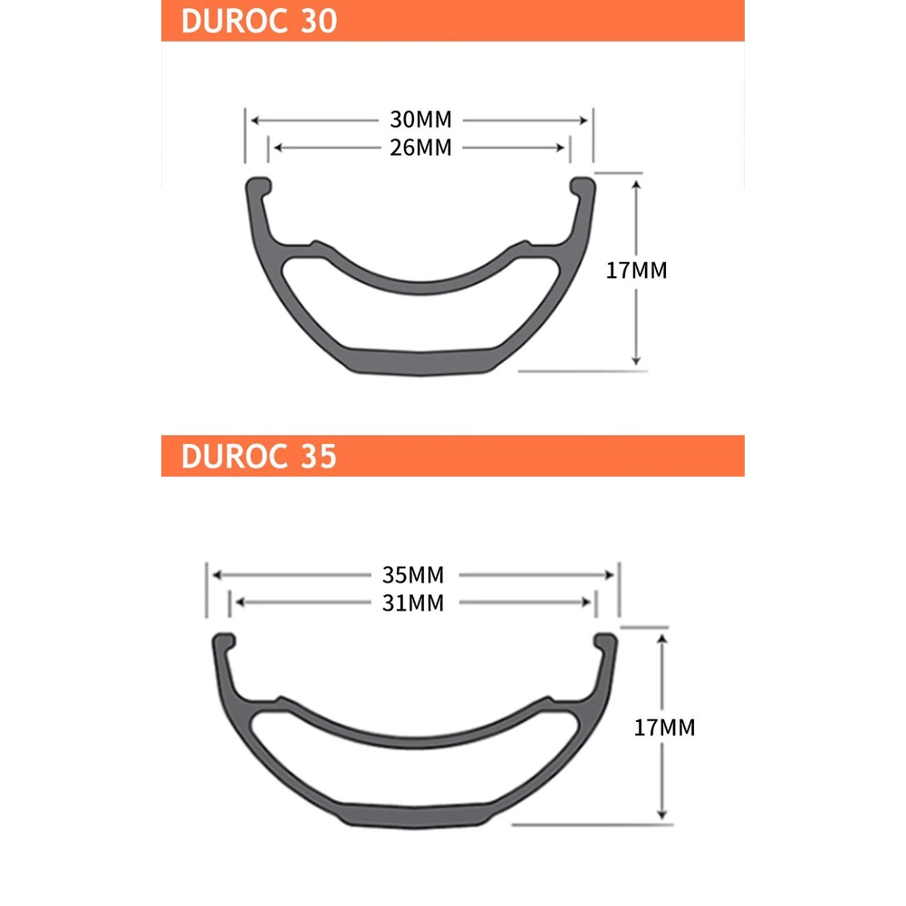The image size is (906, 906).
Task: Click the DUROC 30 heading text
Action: (259, 21)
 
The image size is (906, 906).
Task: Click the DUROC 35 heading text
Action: (259, 456)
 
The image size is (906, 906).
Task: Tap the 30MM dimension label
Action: (420, 120)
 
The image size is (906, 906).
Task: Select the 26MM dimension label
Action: (420, 148)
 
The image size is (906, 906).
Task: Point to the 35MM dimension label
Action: (413, 575)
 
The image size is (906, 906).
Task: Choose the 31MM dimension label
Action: (413, 602)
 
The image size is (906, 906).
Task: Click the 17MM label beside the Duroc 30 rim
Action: (637, 270)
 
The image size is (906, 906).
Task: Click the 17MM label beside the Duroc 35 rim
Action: (664, 727)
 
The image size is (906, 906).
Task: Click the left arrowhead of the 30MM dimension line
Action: (255, 120)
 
